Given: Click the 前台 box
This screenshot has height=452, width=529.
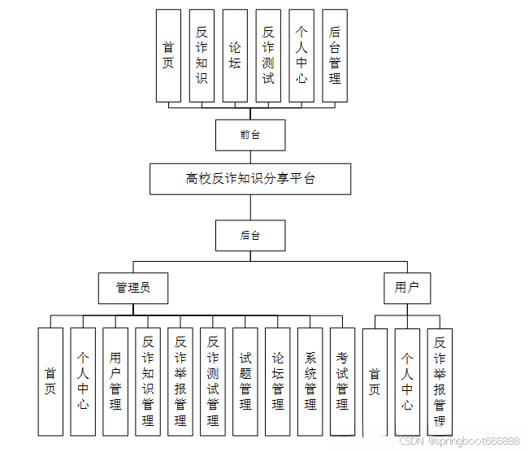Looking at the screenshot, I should click(250, 135).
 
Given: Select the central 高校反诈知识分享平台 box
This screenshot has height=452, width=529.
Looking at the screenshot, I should click(250, 179).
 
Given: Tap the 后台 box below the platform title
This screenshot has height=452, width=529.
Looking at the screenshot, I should click(250, 235).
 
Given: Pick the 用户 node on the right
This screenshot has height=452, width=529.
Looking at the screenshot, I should click(406, 287).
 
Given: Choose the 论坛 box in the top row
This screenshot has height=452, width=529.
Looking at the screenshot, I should click(235, 55).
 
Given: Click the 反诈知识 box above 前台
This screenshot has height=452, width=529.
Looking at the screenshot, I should click(202, 55).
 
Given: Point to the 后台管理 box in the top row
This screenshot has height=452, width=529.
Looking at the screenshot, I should click(335, 55).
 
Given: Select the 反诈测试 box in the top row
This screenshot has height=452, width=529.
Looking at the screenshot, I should click(268, 55).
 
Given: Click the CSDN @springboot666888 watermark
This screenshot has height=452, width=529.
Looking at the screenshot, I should click(459, 441).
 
